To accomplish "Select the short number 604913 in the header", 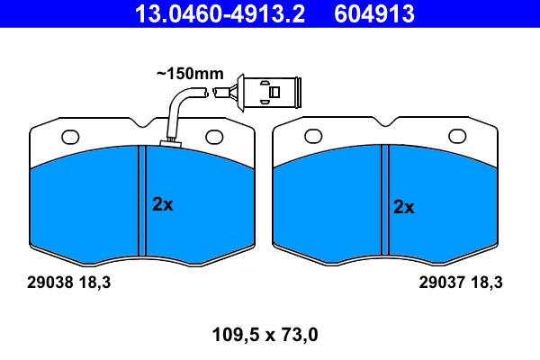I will tap(375, 13).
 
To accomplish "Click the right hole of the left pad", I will tap(214, 137).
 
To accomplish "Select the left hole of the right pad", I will tap(313, 137).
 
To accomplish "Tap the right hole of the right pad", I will tap(456, 137).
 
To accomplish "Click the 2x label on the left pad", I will tap(162, 204).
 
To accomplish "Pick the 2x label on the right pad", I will tap(404, 207).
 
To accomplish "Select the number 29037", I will tap(439, 282).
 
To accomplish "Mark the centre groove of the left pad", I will tap(141, 200).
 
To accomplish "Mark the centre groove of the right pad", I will tap(384, 200).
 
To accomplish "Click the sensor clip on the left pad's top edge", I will tap(168, 142).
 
